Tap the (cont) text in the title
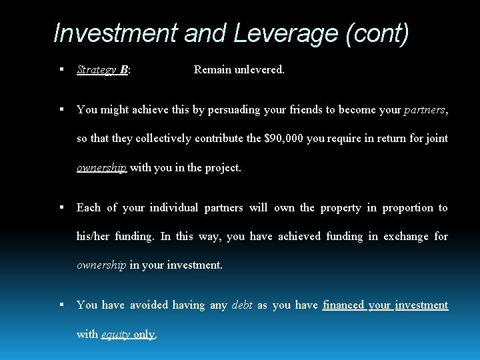tap(377, 33)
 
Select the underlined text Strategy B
tap(103, 69)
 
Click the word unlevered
tap(259, 69)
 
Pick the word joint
tap(435, 139)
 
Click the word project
tap(222, 167)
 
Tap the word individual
tap(174, 207)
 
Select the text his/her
tap(93, 236)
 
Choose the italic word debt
tap(241, 305)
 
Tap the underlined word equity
tap(115, 334)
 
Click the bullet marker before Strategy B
tap(61, 69)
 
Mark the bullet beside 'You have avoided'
tap(61, 305)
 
